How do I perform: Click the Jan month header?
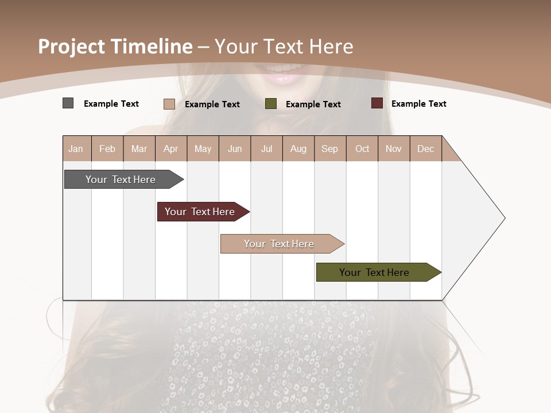point(76,149)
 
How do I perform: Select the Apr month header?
point(171,149)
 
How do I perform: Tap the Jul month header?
point(266,149)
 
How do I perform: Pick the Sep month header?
point(330,149)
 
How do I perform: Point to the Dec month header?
point(425,149)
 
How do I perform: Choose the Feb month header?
point(107,149)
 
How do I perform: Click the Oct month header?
point(362,149)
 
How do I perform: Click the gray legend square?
point(68,103)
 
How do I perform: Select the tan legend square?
point(169,104)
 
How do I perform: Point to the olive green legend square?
point(271,104)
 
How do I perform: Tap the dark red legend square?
point(377,103)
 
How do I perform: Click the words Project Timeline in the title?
point(115,46)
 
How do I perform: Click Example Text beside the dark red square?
point(418,104)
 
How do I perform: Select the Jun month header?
point(235,149)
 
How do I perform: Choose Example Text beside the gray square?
point(111,104)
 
